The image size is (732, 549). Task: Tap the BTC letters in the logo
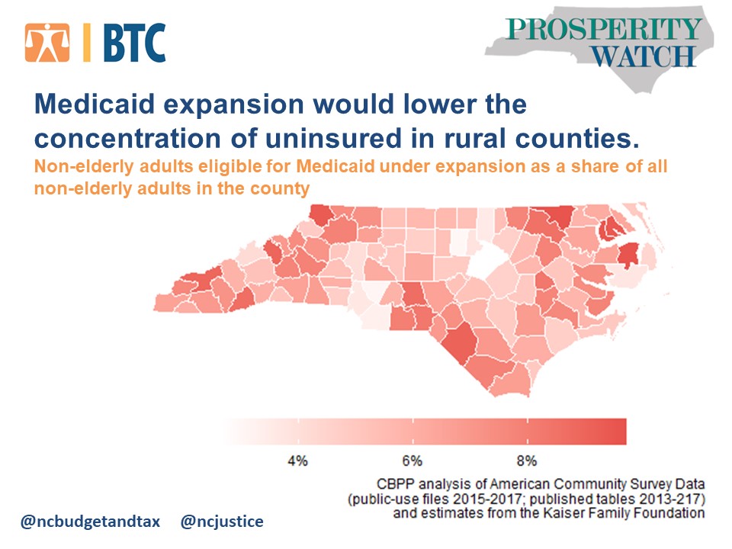(x=133, y=43)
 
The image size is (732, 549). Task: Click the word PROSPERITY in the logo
(x=603, y=30)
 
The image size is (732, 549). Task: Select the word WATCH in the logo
(x=644, y=56)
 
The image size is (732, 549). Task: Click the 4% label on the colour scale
(x=297, y=461)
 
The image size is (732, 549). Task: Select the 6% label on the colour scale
(x=412, y=461)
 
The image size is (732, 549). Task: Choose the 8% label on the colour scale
(x=527, y=461)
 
